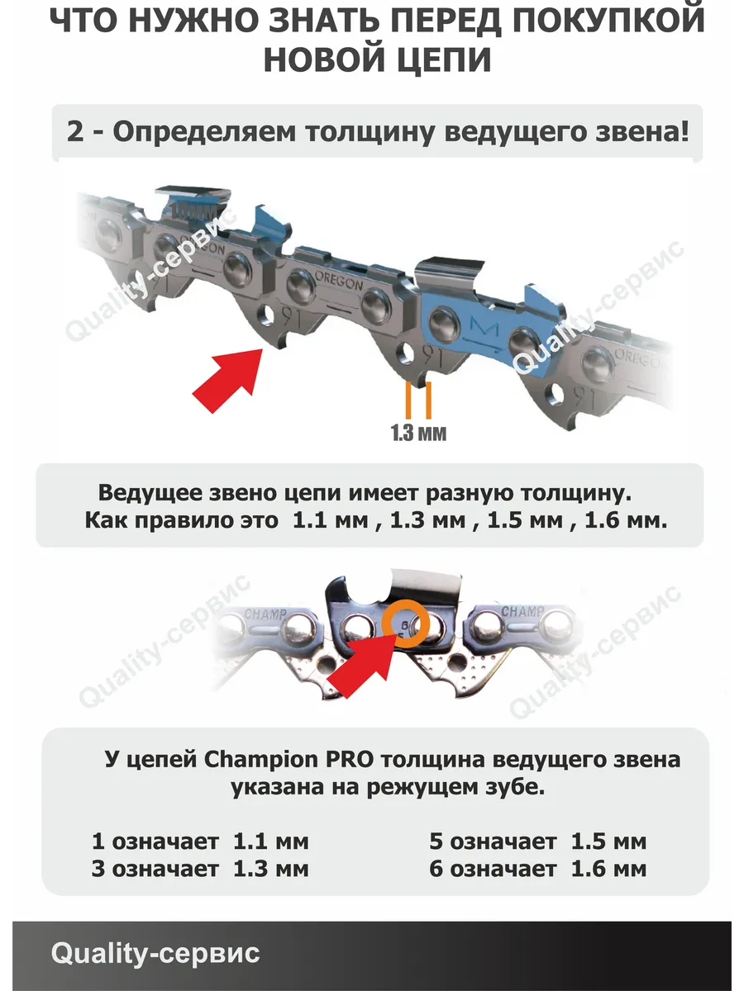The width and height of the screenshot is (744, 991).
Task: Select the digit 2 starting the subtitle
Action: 75,132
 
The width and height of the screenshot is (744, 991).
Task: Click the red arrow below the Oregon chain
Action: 228,380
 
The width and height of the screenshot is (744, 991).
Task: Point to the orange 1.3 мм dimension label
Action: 418,433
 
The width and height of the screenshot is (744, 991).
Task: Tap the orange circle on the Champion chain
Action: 405,624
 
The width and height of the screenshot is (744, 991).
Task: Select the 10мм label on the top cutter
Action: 193,211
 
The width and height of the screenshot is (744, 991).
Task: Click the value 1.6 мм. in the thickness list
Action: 626,520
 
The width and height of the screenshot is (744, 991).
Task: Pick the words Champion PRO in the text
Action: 289,760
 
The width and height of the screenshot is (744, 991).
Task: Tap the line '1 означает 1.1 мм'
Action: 200,842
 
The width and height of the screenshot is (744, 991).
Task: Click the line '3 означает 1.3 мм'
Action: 200,869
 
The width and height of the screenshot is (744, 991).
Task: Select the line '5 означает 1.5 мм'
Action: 537,842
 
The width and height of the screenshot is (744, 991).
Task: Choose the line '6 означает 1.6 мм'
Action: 537,869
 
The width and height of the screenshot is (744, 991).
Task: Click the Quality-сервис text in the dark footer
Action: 155,953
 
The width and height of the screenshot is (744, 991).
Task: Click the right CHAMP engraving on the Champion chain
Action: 522,611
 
